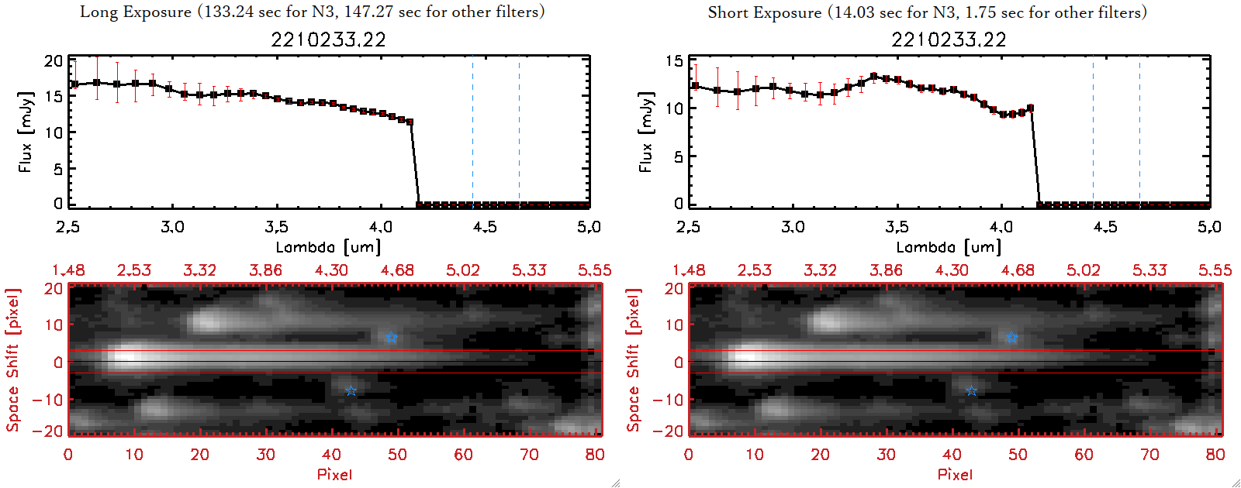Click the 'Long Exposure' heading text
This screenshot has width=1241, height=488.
coord(136,12)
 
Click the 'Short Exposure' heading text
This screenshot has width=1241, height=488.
coord(764,12)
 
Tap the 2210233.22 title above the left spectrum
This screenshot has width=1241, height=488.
coord(328,40)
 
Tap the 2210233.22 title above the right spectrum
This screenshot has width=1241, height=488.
coord(949,40)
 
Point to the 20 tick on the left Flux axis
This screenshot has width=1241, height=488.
coord(54,61)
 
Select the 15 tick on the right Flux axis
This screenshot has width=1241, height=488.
coord(674,61)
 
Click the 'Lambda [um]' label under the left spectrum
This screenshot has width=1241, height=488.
coord(328,247)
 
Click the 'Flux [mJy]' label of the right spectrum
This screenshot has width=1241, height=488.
coord(645,132)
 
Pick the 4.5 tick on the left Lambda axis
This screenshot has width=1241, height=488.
coord(485,227)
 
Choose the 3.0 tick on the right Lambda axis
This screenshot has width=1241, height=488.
coord(793,227)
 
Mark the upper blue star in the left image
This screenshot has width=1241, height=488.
coord(391,337)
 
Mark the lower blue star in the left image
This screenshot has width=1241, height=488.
coord(351,390)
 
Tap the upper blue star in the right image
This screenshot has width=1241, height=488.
coord(1011,337)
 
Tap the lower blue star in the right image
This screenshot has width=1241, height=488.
coord(971,390)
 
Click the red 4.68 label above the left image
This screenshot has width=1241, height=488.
coord(397,270)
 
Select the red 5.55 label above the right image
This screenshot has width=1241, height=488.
coord(1215,270)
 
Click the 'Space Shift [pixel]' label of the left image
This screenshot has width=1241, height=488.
coord(12,360)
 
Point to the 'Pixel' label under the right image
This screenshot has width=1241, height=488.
coord(955,474)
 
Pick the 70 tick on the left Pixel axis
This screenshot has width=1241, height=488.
coord(529,455)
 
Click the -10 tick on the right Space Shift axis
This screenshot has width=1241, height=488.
coord(668,400)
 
